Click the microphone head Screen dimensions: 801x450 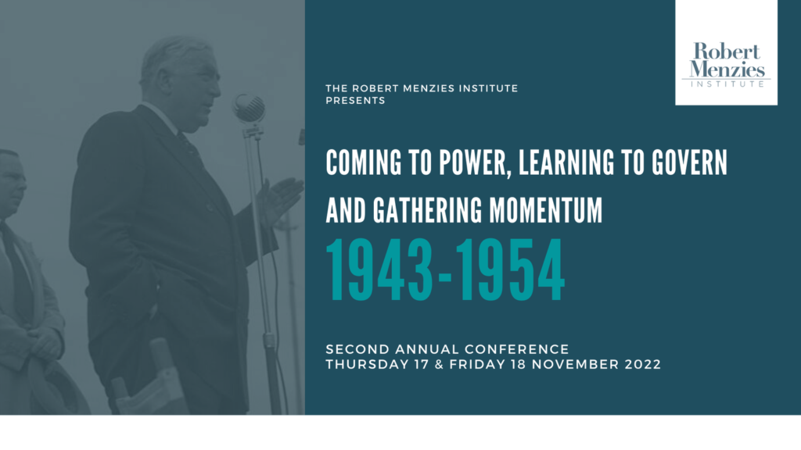(249, 108)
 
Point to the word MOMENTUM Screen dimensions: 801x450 (545, 210)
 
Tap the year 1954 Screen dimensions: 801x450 (510, 270)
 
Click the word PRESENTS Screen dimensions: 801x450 (356, 101)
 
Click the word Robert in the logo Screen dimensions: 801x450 (727, 52)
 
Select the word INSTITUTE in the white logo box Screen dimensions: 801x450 (727, 84)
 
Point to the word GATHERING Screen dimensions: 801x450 (427, 210)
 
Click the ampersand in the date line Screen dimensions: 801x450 (439, 364)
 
